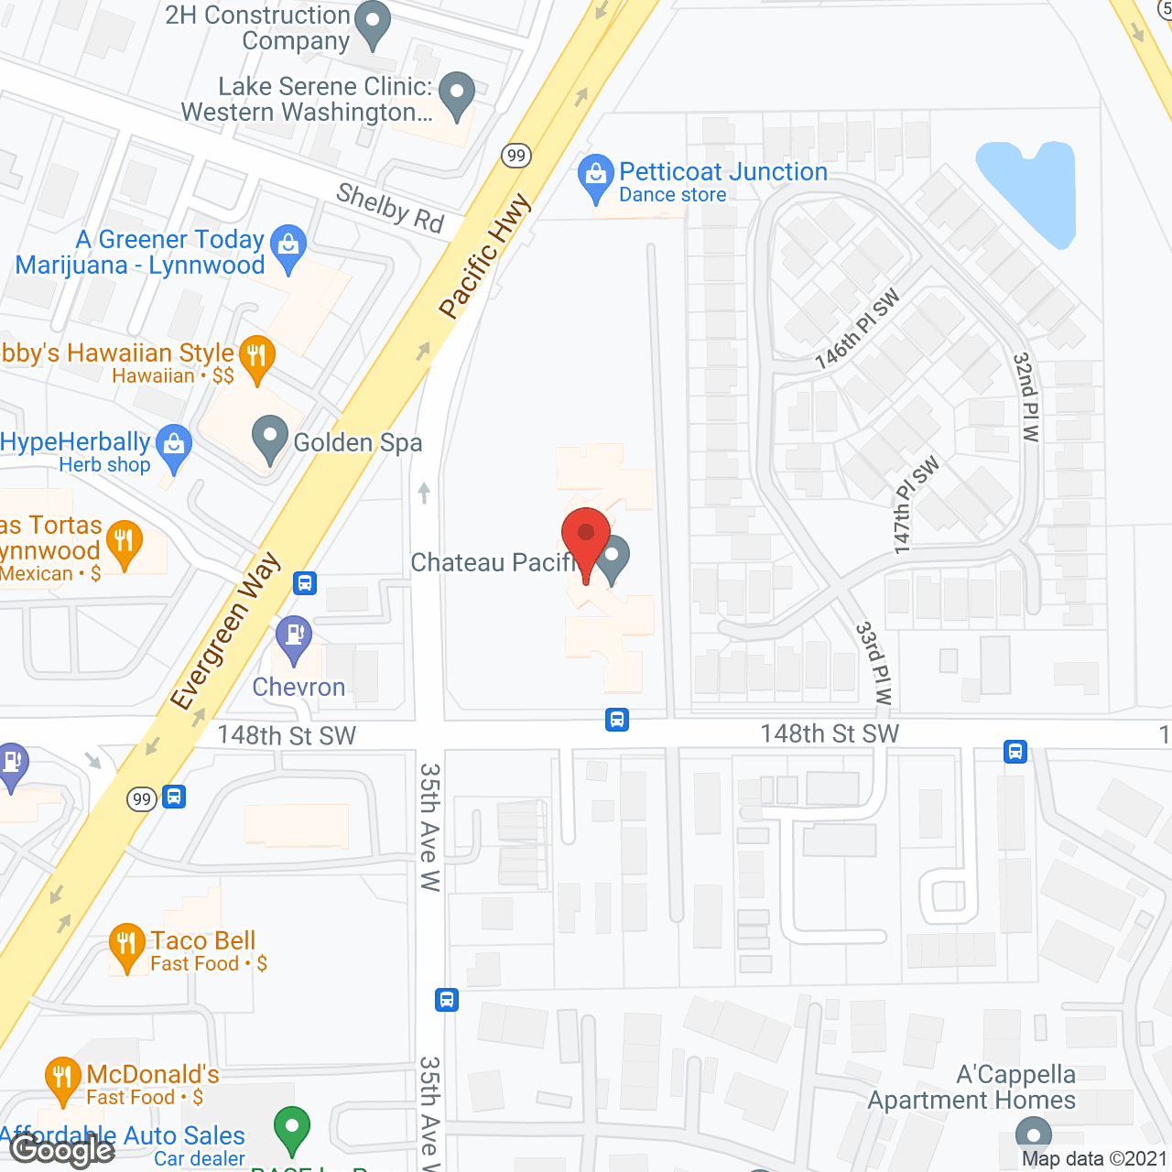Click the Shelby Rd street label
click(x=390, y=208)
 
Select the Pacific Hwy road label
click(x=484, y=255)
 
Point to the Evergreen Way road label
click(x=225, y=632)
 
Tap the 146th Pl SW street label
click(x=857, y=330)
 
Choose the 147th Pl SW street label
click(x=916, y=505)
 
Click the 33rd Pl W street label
click(x=874, y=663)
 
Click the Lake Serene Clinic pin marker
click(x=457, y=93)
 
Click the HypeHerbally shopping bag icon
click(x=174, y=446)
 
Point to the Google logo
click(x=62, y=1150)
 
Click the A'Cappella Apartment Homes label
click(x=971, y=1087)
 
